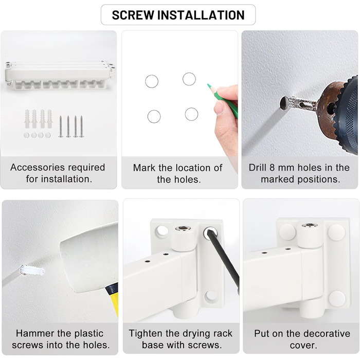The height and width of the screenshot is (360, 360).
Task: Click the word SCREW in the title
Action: (133, 15)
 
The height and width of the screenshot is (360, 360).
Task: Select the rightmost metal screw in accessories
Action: (81, 127)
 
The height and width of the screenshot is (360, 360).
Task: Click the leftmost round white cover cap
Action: (26, 135)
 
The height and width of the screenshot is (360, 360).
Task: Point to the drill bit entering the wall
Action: (298, 103)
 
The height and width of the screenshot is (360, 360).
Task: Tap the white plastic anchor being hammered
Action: (32, 270)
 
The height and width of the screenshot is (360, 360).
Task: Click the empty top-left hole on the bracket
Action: (162, 231)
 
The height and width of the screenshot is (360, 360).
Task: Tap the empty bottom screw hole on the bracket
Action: (210, 296)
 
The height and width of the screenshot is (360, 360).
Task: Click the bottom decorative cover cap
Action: (337, 299)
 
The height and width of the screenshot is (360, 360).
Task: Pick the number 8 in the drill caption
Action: (272, 167)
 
